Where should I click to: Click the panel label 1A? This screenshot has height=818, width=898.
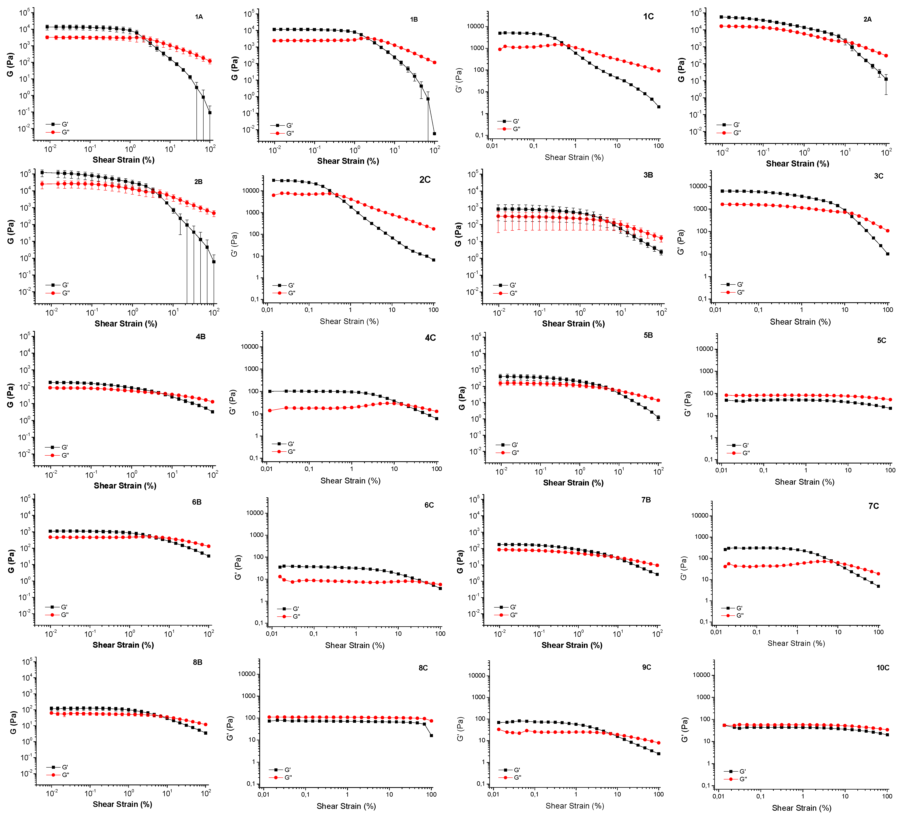(x=199, y=17)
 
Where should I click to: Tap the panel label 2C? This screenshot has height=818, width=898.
(x=424, y=180)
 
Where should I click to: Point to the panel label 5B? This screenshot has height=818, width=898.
(x=648, y=335)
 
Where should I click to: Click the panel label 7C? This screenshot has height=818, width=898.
(x=874, y=506)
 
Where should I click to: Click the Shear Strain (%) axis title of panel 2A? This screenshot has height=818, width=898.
(x=797, y=164)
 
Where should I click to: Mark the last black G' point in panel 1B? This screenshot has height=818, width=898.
(x=434, y=134)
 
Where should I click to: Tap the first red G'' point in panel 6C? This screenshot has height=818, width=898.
(x=280, y=577)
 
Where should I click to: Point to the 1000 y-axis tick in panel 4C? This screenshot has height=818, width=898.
(x=249, y=369)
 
